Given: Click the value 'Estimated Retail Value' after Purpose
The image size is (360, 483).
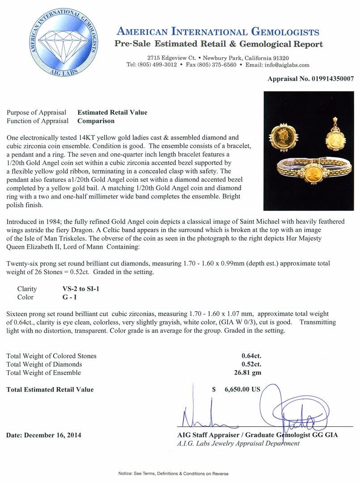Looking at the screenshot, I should (x=112, y=113).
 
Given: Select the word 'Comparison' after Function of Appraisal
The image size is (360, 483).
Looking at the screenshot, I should (x=96, y=121).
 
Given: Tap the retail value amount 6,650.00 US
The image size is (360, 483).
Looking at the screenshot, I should (x=242, y=389).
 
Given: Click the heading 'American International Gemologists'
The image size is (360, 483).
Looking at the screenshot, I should (x=218, y=32).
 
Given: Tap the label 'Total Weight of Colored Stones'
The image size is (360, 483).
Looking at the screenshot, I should (x=51, y=356).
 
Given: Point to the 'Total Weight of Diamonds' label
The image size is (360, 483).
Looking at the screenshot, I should (x=44, y=364).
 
